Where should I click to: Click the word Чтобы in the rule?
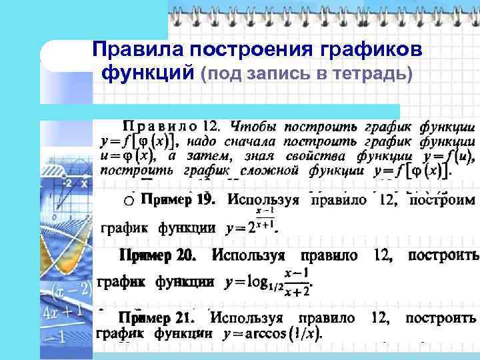click(253, 125)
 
